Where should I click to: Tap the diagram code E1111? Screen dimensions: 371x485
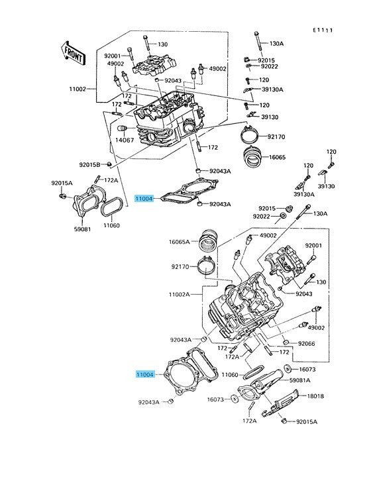click(323, 30)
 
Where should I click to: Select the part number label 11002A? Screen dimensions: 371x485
click(180, 294)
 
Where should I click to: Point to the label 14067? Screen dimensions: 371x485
click(125, 140)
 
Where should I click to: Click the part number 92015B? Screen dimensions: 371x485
click(89, 165)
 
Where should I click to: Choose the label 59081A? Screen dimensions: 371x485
click(299, 380)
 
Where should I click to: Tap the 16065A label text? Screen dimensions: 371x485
click(180, 242)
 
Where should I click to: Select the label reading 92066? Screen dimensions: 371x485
click(307, 343)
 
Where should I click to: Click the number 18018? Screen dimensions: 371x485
click(315, 396)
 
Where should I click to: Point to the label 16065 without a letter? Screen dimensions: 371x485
click(277, 157)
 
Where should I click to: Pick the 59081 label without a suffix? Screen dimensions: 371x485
click(83, 229)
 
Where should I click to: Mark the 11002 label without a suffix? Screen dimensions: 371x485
click(78, 89)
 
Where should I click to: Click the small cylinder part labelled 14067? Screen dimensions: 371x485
click(123, 129)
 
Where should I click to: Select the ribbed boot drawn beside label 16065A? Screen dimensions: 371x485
click(208, 243)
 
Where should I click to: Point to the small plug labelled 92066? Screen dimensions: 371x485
click(286, 342)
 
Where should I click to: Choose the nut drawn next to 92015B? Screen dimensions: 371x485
click(109, 164)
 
